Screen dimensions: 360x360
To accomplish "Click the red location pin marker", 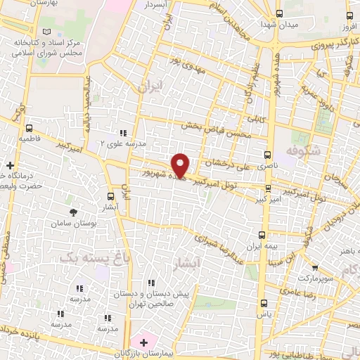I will [x=181, y=165].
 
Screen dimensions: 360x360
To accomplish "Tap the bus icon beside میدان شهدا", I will [x=280, y=13].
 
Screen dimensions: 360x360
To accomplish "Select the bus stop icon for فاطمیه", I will [x=29, y=128].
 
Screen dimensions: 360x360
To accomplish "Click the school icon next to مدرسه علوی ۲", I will [x=123, y=132].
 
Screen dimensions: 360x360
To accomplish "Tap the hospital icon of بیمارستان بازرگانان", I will [x=144, y=343].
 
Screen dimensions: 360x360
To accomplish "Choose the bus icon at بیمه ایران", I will [x=262, y=236].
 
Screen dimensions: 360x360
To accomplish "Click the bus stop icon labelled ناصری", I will [x=266, y=154].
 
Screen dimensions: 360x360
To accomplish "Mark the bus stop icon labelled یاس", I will [x=264, y=304].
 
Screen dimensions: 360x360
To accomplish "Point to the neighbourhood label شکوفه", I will [x=304, y=150].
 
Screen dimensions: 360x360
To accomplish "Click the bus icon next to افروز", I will [x=350, y=13].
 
